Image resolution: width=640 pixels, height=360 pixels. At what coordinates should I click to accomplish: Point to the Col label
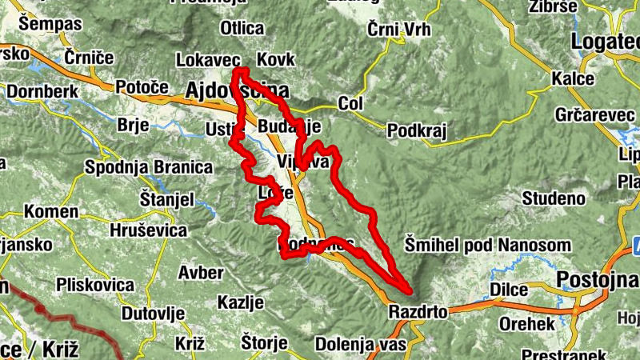[x=350, y=105]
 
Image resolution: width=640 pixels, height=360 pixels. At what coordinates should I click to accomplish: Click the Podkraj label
[x=416, y=130]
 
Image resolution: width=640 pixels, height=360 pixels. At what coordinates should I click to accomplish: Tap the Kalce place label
[x=573, y=79]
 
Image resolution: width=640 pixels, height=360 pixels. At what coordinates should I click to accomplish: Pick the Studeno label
[x=552, y=198]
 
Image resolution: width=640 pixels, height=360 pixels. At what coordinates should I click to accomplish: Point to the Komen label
[x=51, y=212]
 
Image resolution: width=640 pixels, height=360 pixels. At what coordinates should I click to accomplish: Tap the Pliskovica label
[x=94, y=285]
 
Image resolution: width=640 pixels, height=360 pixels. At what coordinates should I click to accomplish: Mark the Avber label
[x=201, y=273]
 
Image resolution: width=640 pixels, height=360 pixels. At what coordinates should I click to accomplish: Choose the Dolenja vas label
[x=361, y=345]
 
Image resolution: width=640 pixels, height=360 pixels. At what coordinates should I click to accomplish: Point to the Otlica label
[x=242, y=29]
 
